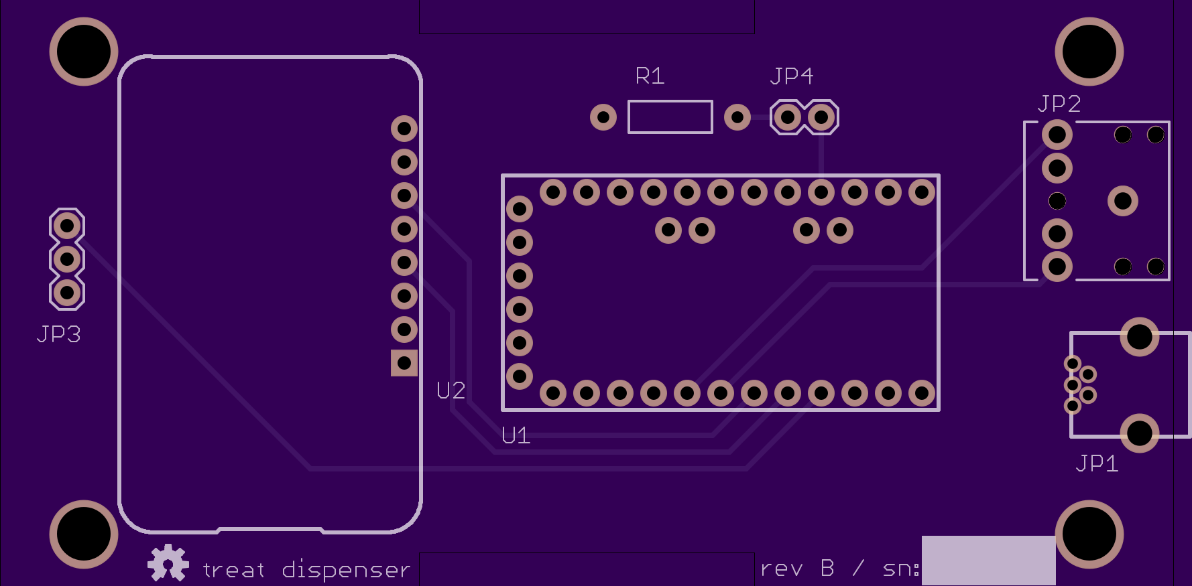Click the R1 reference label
point(650,76)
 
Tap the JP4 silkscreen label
point(792,76)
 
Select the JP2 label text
point(1059,104)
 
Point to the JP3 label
point(59,334)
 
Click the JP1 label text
point(1097,463)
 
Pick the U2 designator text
point(451,390)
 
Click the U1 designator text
point(516,436)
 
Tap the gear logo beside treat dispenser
point(168,563)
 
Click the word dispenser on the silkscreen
point(346,569)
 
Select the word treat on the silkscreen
point(233,570)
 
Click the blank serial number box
point(989,561)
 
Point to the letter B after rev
point(828,568)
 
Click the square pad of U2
point(404,363)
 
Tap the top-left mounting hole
point(84,52)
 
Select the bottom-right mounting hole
point(1089,534)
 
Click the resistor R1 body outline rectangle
point(670,101)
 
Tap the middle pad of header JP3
point(67,259)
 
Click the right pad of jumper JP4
point(821,118)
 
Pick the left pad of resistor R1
point(603,117)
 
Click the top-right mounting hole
point(1089,52)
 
